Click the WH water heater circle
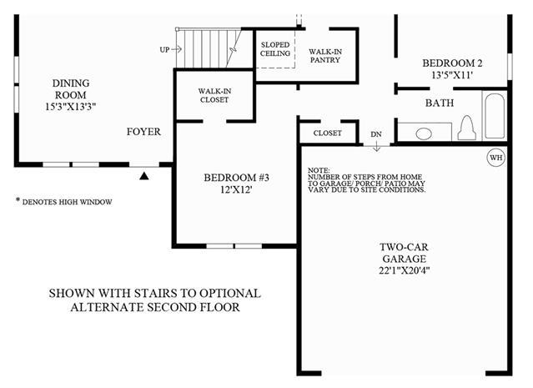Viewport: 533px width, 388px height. click(496, 158)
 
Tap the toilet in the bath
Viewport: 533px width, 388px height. click(467, 128)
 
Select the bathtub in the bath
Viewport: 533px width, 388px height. click(495, 116)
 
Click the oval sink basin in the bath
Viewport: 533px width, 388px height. click(424, 134)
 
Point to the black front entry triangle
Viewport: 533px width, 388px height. click(144, 176)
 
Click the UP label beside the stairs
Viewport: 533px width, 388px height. click(164, 50)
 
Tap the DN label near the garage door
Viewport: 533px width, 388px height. click(376, 134)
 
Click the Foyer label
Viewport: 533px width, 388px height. click(143, 132)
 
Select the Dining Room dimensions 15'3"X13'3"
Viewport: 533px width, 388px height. click(71, 107)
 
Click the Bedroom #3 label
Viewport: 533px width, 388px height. click(236, 178)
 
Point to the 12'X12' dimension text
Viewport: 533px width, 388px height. click(236, 189)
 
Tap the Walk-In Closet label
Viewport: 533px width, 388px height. click(214, 96)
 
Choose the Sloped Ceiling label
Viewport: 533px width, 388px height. click(275, 49)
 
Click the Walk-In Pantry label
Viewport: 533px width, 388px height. click(325, 56)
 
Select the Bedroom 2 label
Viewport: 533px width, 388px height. click(452, 63)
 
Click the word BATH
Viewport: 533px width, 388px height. click(440, 103)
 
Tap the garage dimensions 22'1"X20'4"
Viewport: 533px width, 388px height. click(405, 270)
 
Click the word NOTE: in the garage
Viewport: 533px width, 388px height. click(319, 170)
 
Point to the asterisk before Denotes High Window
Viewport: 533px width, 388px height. click(18, 199)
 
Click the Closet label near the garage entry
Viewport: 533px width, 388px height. click(327, 133)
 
